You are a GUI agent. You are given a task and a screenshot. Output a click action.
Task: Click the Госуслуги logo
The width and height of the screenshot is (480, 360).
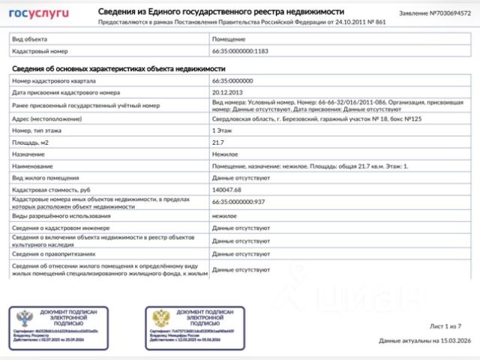(x=38, y=13)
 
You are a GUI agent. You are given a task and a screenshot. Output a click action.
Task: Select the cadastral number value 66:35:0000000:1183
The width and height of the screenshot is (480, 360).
(x=241, y=51)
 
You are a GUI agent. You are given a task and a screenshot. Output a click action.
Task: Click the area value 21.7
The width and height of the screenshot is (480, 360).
(x=218, y=142)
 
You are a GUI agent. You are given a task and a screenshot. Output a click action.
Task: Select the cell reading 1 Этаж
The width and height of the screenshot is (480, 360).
(x=223, y=130)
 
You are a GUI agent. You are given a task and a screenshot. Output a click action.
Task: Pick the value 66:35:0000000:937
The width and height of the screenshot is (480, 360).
(x=239, y=202)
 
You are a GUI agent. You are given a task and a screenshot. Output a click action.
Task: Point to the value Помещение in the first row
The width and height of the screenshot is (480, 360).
(x=229, y=39)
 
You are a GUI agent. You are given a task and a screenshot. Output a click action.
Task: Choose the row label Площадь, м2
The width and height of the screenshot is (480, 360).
(x=31, y=142)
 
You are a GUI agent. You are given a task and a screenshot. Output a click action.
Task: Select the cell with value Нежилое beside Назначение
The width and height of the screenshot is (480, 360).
(x=225, y=153)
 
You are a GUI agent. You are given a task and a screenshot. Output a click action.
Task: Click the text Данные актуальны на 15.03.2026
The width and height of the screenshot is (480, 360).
(x=424, y=340)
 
